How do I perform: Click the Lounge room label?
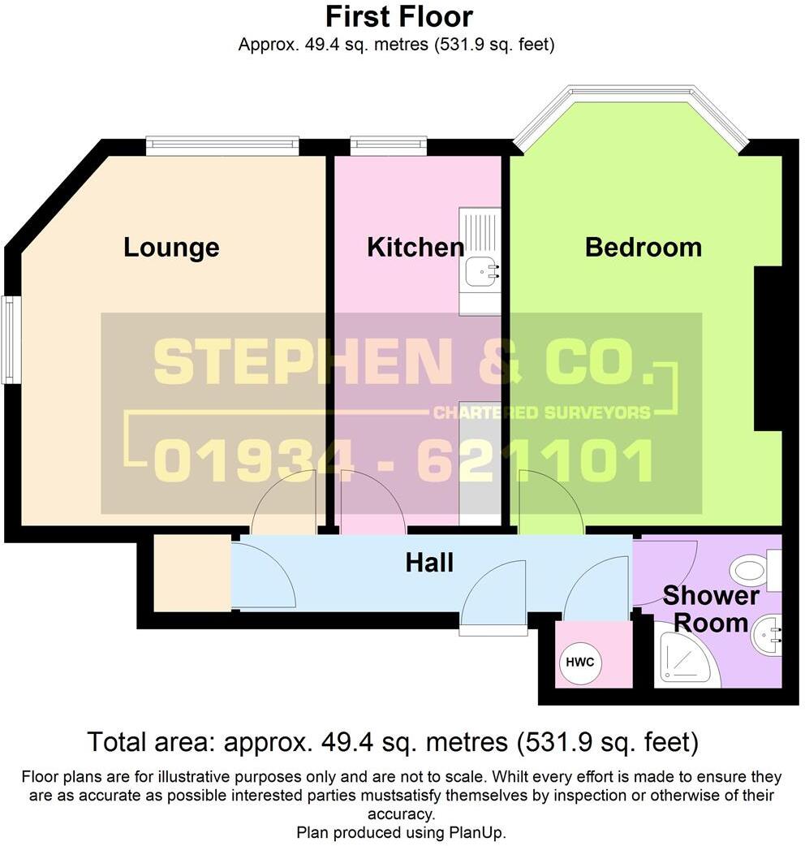(171, 248)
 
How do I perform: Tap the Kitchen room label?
(415, 248)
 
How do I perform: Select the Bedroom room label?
(644, 248)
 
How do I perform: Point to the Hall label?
(429, 562)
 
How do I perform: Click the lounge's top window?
(222, 146)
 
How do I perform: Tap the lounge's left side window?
(10, 339)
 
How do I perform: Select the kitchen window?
(388, 146)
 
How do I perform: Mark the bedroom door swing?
(550, 505)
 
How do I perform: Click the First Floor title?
(398, 16)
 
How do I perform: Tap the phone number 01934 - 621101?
(403, 461)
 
